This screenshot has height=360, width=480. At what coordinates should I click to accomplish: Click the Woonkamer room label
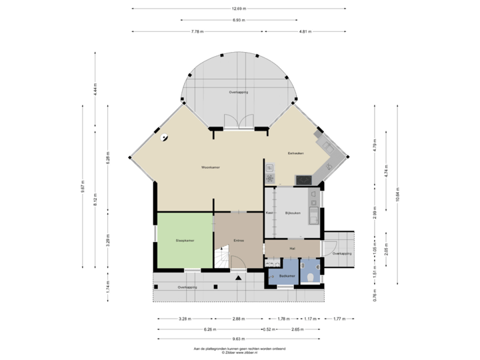pyautogui.click(x=212, y=167)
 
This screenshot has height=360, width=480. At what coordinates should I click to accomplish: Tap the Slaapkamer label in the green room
pyautogui.click(x=185, y=240)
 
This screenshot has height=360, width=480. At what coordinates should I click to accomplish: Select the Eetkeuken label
pyautogui.click(x=296, y=153)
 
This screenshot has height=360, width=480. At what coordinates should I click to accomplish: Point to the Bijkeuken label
pyautogui.click(x=293, y=213)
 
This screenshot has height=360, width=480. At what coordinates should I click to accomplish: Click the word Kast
pyautogui.click(x=270, y=213)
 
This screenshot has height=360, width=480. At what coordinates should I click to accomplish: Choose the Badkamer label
pyautogui.click(x=287, y=275)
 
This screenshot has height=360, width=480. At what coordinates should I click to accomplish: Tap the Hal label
pyautogui.click(x=292, y=248)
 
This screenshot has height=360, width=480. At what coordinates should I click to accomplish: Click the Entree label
pyautogui.click(x=239, y=240)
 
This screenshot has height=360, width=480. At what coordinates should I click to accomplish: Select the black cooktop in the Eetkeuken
pyautogui.click(x=303, y=179)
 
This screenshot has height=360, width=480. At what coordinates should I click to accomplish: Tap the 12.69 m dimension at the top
pyautogui.click(x=239, y=9)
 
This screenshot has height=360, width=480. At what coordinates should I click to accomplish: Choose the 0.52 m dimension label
pyautogui.click(x=270, y=329)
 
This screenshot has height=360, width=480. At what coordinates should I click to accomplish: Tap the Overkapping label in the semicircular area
pyautogui.click(x=239, y=92)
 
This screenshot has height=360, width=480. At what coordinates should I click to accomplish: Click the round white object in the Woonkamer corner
pyautogui.click(x=164, y=138)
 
